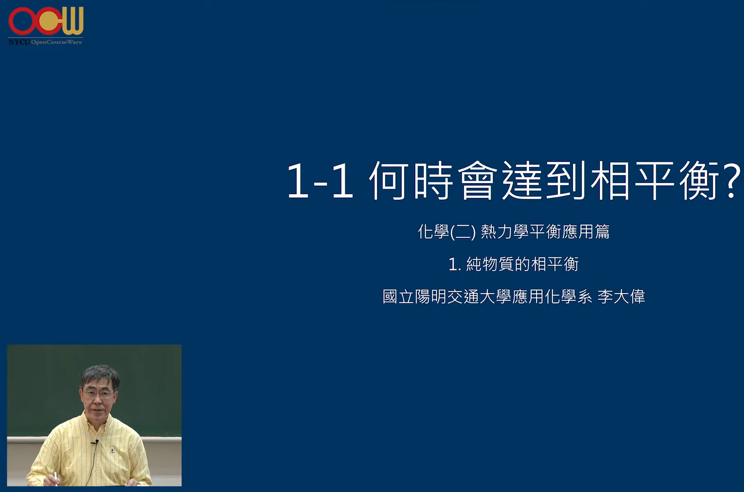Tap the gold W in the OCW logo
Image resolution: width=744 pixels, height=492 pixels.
(x=72, y=21)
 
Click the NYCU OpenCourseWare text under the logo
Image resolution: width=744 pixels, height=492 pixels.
(x=46, y=42)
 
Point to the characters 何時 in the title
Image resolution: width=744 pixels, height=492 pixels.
(x=411, y=181)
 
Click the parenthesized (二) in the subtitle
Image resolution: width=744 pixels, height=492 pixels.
(x=463, y=232)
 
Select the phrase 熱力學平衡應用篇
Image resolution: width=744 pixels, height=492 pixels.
(x=545, y=232)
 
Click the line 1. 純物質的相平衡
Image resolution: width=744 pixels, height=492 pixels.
(x=513, y=264)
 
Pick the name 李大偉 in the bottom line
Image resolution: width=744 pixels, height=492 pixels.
(x=621, y=297)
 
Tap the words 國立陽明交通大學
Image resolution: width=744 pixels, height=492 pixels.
(x=447, y=297)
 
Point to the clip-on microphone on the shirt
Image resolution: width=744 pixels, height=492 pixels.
(x=96, y=442)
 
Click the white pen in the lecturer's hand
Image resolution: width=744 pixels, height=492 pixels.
(x=56, y=478)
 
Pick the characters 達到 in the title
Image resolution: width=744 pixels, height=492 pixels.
(x=543, y=181)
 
